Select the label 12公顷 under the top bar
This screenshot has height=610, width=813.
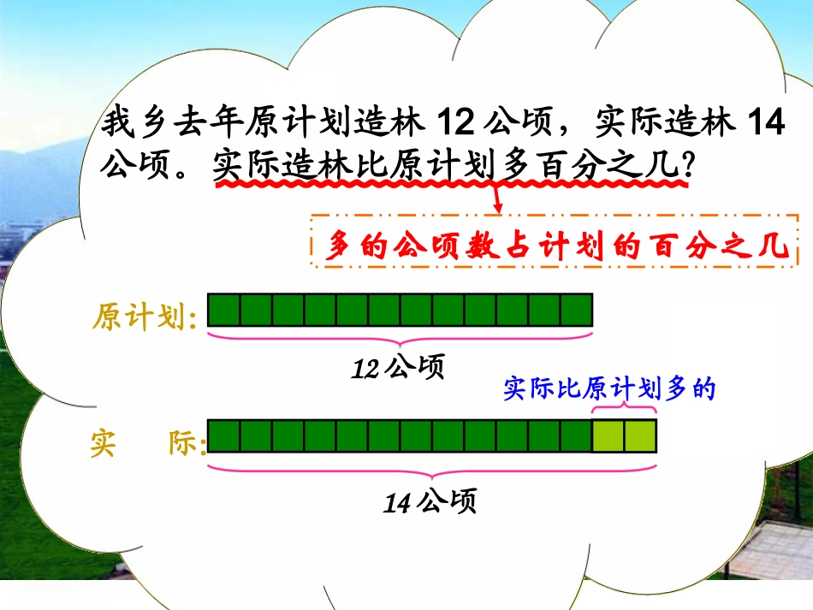click(x=399, y=368)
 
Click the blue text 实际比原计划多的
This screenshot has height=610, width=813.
click(x=608, y=389)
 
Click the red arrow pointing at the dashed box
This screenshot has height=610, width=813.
click(x=498, y=202)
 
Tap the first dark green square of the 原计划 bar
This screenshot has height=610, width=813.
click(x=223, y=310)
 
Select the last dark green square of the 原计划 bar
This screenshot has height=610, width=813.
click(x=576, y=310)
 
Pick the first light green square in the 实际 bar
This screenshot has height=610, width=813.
click(x=608, y=435)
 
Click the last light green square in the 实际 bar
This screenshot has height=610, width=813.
click(x=640, y=435)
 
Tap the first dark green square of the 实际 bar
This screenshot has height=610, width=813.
click(x=223, y=435)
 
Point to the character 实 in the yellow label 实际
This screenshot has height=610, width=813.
click(x=103, y=444)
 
